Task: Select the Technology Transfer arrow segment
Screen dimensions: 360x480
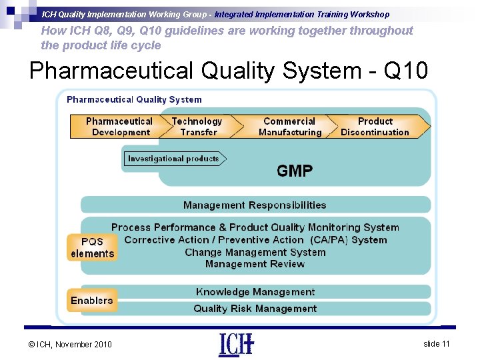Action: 197,127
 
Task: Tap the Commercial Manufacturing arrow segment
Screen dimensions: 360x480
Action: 289,127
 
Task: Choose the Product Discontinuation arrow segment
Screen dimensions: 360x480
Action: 375,127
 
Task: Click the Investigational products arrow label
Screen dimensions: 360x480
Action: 174,159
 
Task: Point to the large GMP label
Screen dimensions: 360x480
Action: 295,171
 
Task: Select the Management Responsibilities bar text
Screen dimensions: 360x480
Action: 255,205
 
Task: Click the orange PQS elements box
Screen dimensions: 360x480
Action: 92,247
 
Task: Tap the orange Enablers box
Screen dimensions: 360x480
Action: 92,301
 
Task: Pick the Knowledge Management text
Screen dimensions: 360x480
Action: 255,292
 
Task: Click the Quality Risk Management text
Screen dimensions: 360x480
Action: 255,309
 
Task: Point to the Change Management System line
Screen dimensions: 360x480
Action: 255,252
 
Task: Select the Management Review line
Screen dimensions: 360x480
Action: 255,264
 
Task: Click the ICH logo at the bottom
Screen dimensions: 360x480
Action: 236,344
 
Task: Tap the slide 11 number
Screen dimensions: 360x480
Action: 437,343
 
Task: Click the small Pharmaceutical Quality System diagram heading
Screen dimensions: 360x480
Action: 134,100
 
